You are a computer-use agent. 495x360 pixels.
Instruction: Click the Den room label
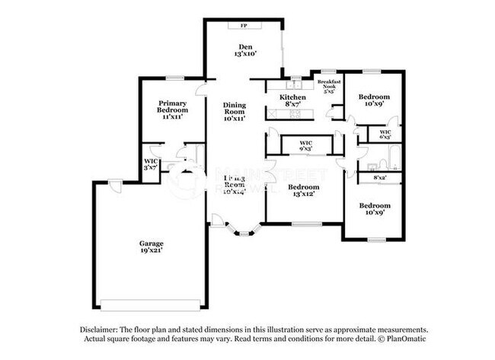(x=244, y=47)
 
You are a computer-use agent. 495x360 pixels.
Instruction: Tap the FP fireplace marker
(x=244, y=26)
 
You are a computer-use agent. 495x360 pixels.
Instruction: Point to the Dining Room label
(x=234, y=111)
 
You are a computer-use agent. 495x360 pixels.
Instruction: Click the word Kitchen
(x=292, y=97)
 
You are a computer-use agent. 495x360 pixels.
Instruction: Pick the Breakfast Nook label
(x=329, y=84)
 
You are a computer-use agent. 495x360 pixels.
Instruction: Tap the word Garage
(x=151, y=244)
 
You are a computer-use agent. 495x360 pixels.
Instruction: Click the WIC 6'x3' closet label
(x=385, y=134)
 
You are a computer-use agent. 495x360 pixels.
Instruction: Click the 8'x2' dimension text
(x=379, y=177)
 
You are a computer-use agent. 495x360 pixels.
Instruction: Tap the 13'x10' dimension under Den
(x=244, y=54)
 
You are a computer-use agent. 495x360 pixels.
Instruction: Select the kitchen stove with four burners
(x=295, y=114)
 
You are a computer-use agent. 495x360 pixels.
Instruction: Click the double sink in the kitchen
(x=295, y=84)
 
